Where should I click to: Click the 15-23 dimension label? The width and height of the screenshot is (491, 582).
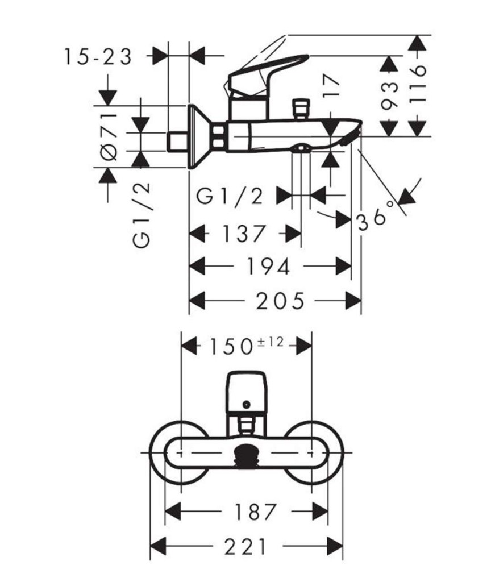98,57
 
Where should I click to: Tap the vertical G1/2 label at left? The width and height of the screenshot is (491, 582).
142,215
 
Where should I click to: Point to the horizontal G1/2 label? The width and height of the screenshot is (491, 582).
231,196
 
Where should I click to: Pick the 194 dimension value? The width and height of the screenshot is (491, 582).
268,266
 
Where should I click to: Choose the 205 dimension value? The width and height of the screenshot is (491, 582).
281,301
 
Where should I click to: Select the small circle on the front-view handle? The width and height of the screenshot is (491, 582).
246,405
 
